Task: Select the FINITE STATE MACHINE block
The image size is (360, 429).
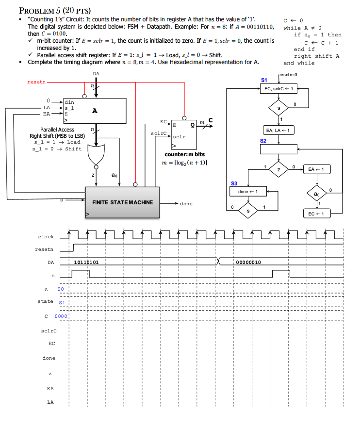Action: [x=122, y=202]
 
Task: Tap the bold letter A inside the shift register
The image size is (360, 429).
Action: [x=95, y=111]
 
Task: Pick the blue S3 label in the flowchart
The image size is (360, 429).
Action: [x=234, y=183]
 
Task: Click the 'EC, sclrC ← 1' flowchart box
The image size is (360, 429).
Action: [x=279, y=89]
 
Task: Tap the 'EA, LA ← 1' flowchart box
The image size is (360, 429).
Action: [x=279, y=130]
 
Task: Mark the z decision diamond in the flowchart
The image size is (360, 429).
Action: [x=279, y=169]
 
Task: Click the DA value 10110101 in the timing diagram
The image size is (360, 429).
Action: [x=86, y=262]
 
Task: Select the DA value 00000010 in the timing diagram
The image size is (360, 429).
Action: [x=249, y=262]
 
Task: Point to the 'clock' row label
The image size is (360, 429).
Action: [x=46, y=237]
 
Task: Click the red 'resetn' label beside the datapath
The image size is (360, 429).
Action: [x=36, y=82]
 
